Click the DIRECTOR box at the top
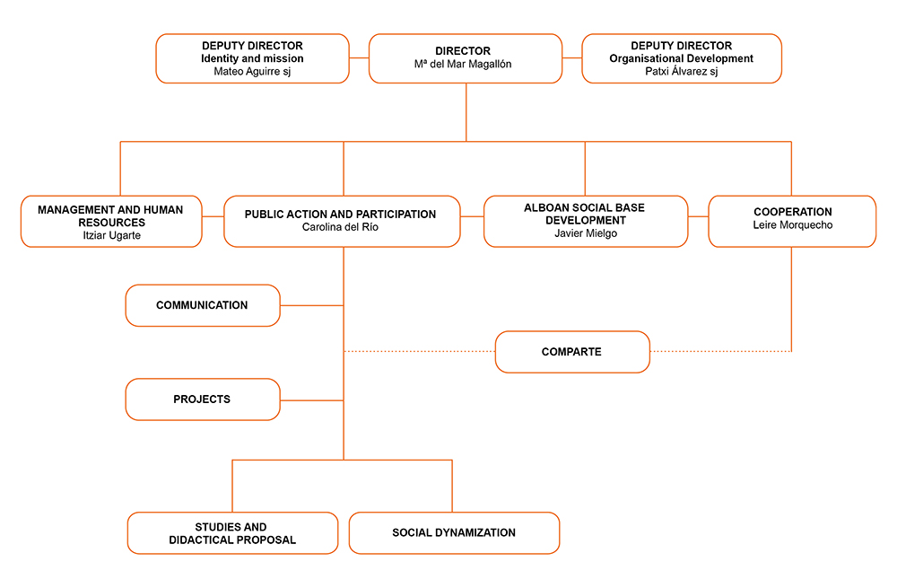(466, 58)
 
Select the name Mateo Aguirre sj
(252, 72)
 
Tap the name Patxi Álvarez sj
(682, 72)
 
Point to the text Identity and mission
(252, 58)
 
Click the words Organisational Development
(682, 58)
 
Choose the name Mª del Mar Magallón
(463, 64)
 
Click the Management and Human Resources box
(111, 222)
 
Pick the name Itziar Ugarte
(111, 235)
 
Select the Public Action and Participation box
(342, 222)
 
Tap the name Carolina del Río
(340, 227)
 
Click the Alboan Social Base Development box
(586, 222)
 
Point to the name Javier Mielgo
(586, 233)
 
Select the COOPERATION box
(792, 222)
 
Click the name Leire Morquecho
(793, 225)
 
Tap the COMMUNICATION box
(203, 306)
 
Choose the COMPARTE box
(572, 352)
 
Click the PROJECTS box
(203, 399)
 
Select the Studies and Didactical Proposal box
(233, 533)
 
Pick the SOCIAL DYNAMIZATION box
(454, 533)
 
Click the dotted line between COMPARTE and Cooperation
(721, 351)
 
